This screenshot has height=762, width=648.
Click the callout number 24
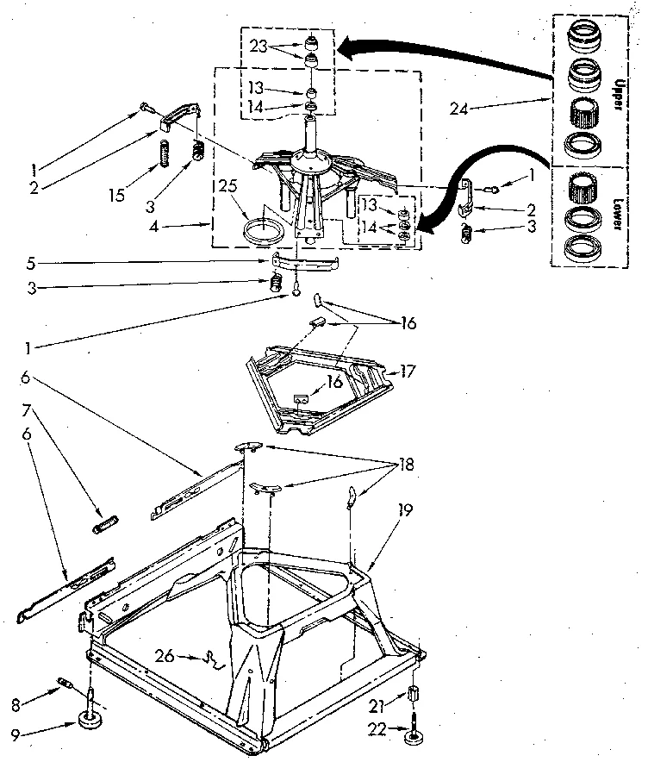coord(460,108)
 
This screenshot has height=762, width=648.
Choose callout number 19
coord(404,511)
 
